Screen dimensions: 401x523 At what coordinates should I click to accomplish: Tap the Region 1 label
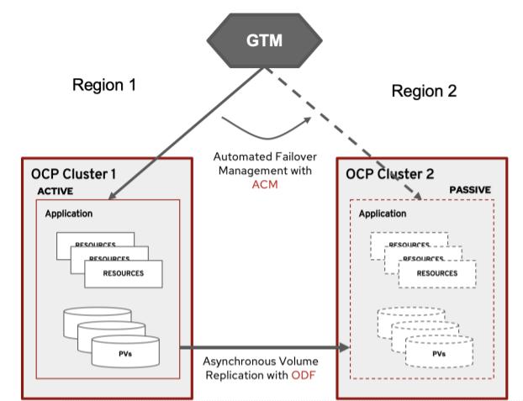coord(104,85)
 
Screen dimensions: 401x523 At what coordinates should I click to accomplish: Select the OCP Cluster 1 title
coord(76,177)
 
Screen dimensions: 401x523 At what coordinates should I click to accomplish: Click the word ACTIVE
coord(56,192)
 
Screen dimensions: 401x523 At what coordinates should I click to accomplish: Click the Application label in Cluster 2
coord(383,214)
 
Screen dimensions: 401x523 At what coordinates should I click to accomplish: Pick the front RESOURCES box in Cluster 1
coord(123,273)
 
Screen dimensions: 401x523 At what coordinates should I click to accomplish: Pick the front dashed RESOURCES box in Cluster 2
coord(436,273)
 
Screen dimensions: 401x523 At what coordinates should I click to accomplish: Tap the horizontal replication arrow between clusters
coord(261,346)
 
